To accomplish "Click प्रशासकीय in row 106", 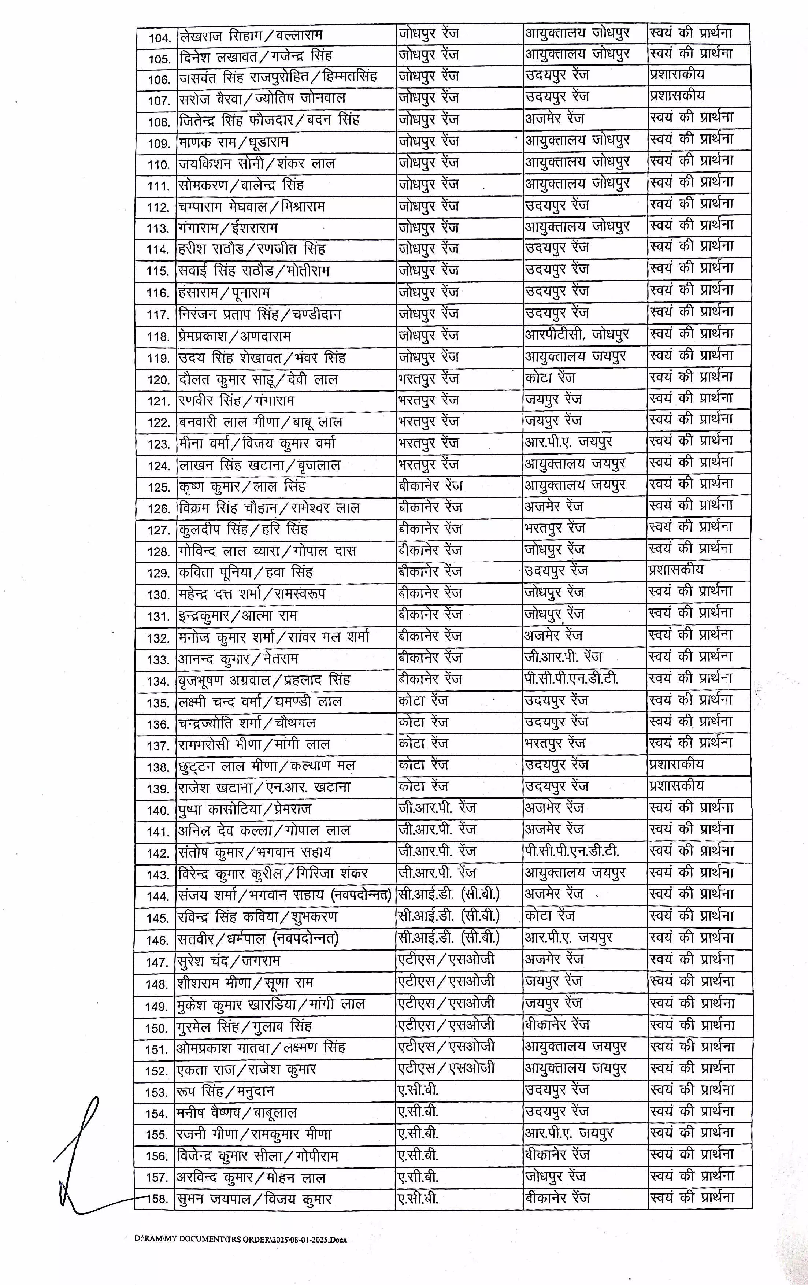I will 677,75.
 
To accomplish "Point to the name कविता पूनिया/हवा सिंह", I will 245,573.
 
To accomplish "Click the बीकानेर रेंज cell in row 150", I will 557,1025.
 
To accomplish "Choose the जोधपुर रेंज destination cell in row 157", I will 555,1176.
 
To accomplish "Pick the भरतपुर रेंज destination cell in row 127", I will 555,528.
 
